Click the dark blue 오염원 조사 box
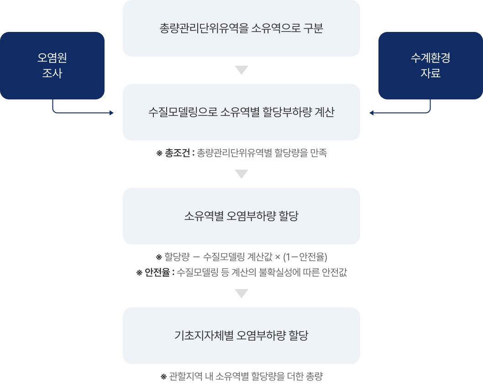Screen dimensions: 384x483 pos(52,66)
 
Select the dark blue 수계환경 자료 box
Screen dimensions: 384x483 pos(430,66)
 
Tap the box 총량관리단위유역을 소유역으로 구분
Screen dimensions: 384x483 pos(241,28)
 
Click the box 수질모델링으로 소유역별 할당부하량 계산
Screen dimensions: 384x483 pos(241,112)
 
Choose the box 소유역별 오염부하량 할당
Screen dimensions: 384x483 pos(241,216)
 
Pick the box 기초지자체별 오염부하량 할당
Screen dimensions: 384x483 pos(241,336)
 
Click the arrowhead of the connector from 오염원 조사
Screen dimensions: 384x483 pos(111,113)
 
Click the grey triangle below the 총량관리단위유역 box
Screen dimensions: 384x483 pos(241,70)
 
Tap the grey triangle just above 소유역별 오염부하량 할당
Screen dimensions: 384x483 pos(241,174)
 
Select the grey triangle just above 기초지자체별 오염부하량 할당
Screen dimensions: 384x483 pos(241,293)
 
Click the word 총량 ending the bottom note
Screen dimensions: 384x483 pos(315,377)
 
